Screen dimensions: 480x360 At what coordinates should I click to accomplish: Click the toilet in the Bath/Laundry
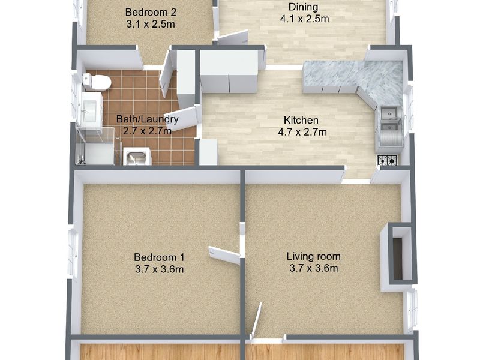point(97,82)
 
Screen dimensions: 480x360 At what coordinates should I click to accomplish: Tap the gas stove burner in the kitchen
point(388,160)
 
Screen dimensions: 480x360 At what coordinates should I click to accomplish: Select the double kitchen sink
point(390,119)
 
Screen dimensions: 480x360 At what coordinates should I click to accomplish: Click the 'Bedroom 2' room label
point(151,12)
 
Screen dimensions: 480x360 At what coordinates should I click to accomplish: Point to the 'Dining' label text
point(304,7)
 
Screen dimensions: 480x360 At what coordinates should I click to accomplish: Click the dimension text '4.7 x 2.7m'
point(302,132)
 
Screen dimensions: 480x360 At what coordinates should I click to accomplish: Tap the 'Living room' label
point(313,256)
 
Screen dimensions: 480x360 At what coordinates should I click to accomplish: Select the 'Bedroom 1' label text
point(159,257)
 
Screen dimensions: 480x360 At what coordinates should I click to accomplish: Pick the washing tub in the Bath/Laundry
point(137,156)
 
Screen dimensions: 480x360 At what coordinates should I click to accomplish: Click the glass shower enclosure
point(95,146)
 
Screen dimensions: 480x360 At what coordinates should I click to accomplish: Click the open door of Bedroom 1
point(224,254)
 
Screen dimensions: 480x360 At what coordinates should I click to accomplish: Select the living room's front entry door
point(256,321)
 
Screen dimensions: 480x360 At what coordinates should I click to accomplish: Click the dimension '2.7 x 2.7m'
point(147,131)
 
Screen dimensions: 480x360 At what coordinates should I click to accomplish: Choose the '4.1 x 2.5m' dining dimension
point(304,19)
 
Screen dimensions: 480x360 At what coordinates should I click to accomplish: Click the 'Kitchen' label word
point(301,119)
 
